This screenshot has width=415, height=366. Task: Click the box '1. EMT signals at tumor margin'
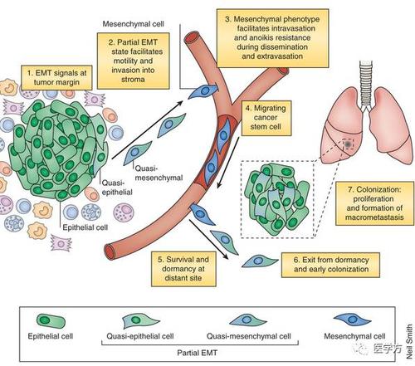[x=56, y=77]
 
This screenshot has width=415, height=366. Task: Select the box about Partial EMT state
[x=133, y=61]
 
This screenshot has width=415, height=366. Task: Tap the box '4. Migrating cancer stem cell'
[x=266, y=118]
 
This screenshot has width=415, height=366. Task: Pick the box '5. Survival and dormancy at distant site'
[x=183, y=269]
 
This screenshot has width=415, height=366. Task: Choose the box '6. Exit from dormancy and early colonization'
[x=330, y=265]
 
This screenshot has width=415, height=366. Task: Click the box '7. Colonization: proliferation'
[x=375, y=203]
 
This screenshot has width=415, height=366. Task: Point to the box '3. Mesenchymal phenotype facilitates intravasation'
[x=272, y=38]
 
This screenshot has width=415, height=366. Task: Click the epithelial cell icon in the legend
[x=51, y=321]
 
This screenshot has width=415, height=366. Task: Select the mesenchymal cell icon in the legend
[x=352, y=320]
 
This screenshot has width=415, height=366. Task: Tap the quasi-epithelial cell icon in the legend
[x=139, y=320]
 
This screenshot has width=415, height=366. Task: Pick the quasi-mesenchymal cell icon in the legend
[x=247, y=320]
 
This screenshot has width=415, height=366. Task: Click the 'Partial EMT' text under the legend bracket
[x=197, y=353]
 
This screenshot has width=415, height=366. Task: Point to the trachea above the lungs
[x=366, y=83]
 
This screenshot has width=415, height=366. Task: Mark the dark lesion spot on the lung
[x=349, y=144]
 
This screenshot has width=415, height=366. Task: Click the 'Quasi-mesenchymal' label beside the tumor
[x=159, y=173]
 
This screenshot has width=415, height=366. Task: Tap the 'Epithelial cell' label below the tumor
[x=85, y=227]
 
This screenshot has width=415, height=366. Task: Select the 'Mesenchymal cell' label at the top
[x=133, y=24]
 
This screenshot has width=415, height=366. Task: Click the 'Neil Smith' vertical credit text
[x=409, y=342]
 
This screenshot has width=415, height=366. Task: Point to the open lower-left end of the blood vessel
[x=110, y=252]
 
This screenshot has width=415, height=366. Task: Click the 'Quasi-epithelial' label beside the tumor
[x=117, y=188]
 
